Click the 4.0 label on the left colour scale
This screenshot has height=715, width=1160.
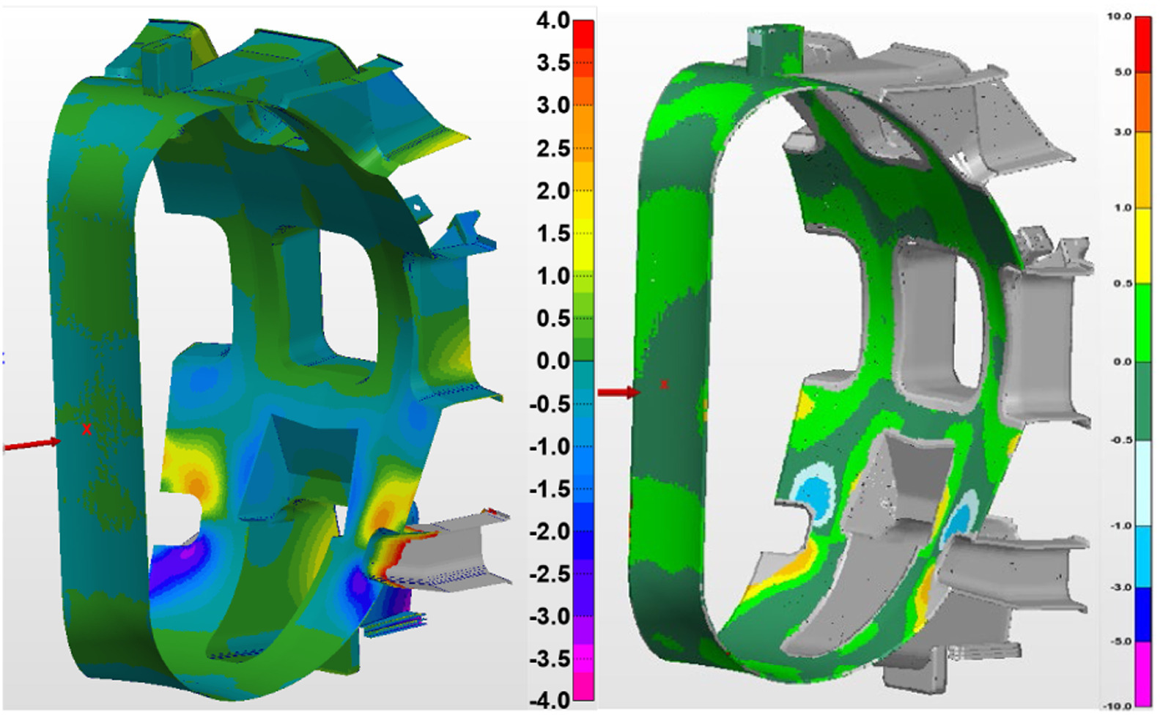(553, 22)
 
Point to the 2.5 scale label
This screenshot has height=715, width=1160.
(553, 149)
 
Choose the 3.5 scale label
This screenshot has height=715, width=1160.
(553, 64)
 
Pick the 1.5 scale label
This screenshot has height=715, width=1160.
(553, 234)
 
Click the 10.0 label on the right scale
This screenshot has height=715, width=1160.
(1119, 17)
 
